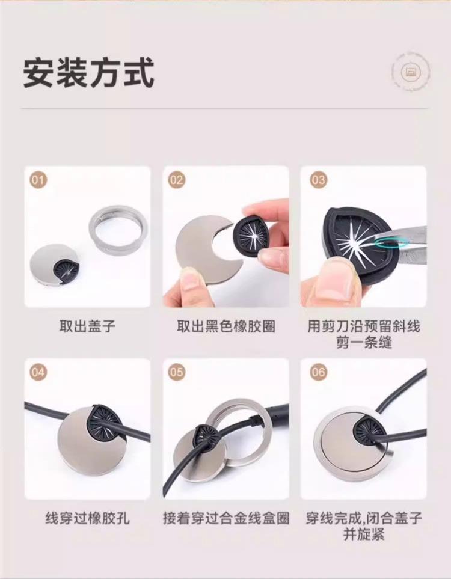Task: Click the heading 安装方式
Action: (x=88, y=72)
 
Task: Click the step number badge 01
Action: (x=38, y=180)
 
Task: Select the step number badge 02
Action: (x=176, y=180)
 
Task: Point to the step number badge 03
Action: (x=318, y=180)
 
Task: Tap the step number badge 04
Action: (x=38, y=372)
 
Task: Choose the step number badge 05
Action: (x=176, y=372)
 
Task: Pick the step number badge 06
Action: (x=318, y=372)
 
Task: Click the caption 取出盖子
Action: (x=87, y=326)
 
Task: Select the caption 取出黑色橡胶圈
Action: (x=226, y=326)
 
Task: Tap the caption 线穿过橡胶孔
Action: (x=87, y=518)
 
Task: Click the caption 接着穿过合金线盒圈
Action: (x=226, y=518)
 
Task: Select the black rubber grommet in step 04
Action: (x=106, y=424)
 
